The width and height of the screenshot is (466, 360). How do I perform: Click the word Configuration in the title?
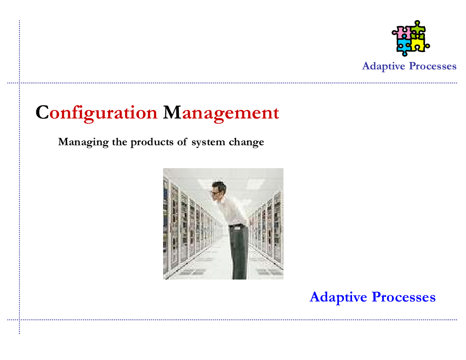[97, 113]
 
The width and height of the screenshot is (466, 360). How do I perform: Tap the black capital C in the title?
[42, 113]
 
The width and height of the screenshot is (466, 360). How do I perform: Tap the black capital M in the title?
[172, 113]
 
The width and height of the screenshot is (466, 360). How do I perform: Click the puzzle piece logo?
[410, 38]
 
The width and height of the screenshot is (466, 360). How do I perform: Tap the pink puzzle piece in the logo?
[400, 32]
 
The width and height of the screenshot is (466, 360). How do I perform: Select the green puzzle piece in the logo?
[417, 30]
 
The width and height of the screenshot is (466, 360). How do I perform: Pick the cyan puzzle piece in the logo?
[403, 47]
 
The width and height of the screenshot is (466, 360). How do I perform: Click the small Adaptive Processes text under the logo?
[409, 66]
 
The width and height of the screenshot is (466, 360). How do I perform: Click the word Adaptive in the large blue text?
[338, 297]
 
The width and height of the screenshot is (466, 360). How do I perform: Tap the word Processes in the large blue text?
[403, 297]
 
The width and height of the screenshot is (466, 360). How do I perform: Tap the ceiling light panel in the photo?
[254, 183]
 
